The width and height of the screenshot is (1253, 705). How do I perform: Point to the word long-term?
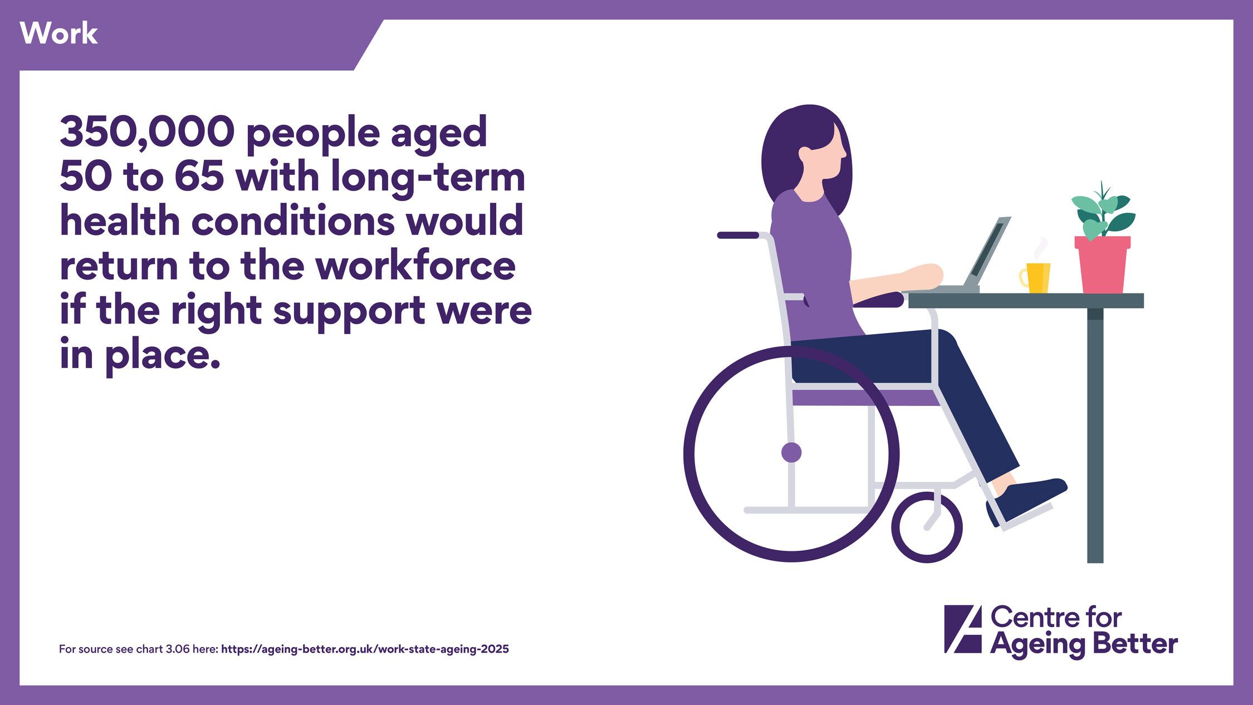(x=428, y=178)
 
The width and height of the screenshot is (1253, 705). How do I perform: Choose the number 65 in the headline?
(x=199, y=177)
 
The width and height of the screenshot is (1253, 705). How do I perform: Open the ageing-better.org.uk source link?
(x=365, y=649)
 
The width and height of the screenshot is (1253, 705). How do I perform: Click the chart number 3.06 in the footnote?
(x=178, y=649)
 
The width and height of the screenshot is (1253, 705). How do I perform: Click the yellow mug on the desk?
(x=1035, y=278)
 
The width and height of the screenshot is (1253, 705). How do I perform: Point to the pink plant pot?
(x=1103, y=265)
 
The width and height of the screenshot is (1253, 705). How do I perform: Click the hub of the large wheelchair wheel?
(x=791, y=452)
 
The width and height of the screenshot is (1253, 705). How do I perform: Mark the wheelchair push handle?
(x=738, y=235)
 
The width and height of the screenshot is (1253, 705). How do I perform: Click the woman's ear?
(x=805, y=154)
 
